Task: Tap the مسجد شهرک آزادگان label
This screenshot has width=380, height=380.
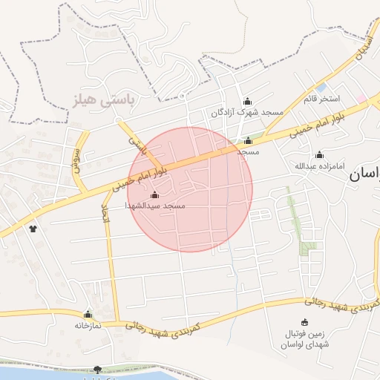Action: point(247,112)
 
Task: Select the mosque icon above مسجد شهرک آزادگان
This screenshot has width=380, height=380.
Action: point(247,102)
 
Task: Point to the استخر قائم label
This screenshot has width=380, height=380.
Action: point(320,98)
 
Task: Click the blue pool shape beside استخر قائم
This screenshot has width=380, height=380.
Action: point(320,88)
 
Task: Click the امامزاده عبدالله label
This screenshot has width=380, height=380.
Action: point(319,166)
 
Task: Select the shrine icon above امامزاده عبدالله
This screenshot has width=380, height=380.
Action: point(319,155)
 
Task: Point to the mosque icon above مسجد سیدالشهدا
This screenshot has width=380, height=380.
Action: point(154,194)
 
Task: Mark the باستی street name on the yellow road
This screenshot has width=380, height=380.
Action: point(134,140)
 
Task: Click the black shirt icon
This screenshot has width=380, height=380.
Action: point(32,228)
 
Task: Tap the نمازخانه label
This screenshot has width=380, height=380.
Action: point(87,325)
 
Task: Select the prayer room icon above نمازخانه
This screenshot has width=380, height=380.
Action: point(88,315)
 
